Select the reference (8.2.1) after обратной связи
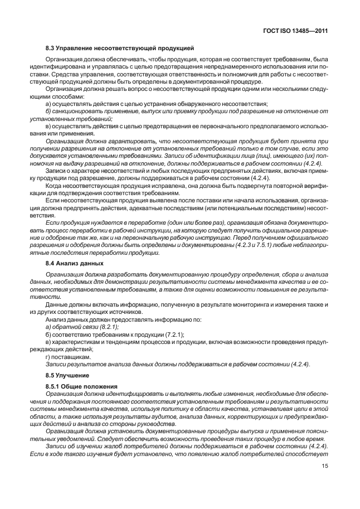click(x=109, y=327)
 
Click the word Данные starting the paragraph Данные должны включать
click(x=58, y=306)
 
